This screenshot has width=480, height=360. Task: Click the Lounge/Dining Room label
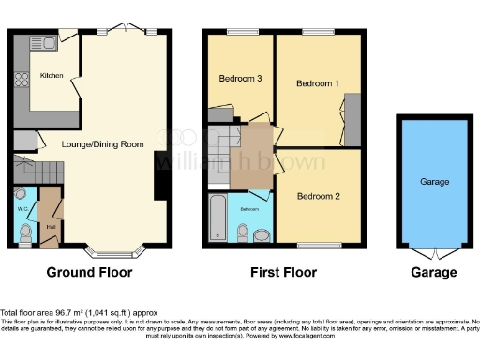click(103, 143)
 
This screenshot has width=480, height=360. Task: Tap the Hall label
click(52, 226)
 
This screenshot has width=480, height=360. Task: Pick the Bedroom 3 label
click(240, 78)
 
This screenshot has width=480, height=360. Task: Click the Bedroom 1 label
click(317, 83)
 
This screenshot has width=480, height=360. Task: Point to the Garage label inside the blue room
click(434, 182)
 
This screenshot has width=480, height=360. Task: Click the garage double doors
click(434, 253)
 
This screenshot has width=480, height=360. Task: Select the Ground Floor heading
click(90, 273)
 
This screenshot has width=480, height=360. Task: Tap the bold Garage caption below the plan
click(433, 273)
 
